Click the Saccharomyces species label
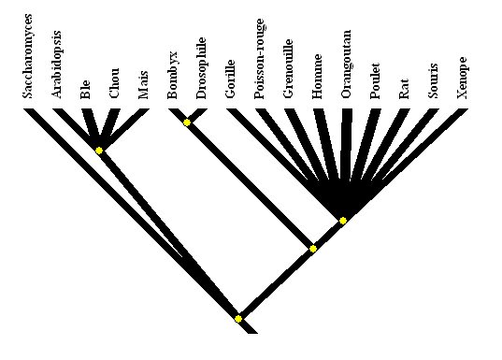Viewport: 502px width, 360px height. pos(28,55)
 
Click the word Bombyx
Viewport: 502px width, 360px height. pos(173,75)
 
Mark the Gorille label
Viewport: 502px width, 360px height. pos(230,76)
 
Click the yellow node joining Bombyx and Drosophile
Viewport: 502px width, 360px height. pos(187,122)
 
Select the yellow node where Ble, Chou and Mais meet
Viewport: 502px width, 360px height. pos(99,150)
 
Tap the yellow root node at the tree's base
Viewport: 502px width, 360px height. pos(238,319)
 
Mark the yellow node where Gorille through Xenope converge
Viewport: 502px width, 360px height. pos(343,221)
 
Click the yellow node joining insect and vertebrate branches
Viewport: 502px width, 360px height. pos(313,249)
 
